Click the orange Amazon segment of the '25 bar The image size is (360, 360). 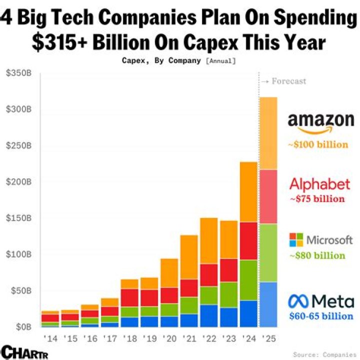[268, 133]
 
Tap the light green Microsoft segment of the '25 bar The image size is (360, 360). [268, 252]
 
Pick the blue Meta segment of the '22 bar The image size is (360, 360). [209, 315]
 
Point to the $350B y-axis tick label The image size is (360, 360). [19, 73]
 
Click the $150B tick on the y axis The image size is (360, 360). [19, 218]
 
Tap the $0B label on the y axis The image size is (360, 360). [22, 327]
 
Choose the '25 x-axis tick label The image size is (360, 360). [268, 338]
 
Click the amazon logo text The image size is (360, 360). [321, 121]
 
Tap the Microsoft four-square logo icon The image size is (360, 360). [296, 239]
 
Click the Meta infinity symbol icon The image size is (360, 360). [299, 300]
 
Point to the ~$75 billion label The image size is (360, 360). [317, 199]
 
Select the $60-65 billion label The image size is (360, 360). [321, 316]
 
